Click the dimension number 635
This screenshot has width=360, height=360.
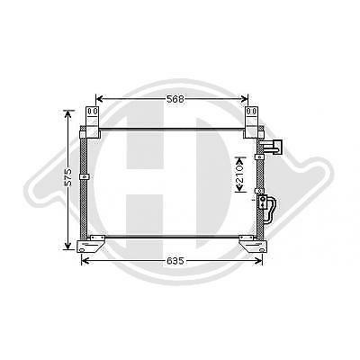pos(175,261)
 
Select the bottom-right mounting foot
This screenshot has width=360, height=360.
pos(251,244)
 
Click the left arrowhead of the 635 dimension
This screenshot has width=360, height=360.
pos(85,261)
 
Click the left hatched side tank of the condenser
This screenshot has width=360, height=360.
pos(86,189)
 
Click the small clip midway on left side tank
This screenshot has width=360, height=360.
pos(86,176)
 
